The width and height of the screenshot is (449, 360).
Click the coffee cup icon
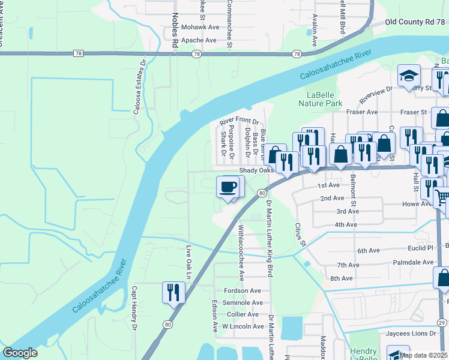tap(228, 187)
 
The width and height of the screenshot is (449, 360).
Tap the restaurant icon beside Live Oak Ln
tap(173, 293)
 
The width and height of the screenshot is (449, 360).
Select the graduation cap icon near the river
tap(408, 76)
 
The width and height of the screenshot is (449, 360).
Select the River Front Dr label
tap(238, 121)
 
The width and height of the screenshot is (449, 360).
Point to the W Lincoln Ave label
tap(243, 326)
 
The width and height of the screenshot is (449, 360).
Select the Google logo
tap(20, 353)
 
